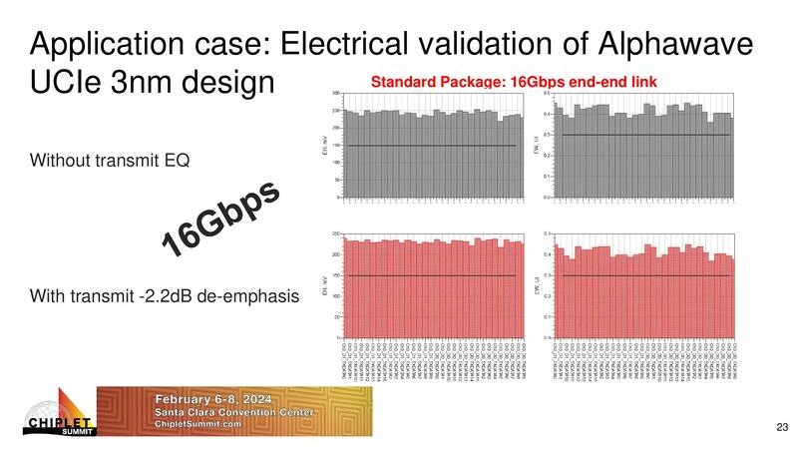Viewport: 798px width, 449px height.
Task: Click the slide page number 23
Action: tap(781, 428)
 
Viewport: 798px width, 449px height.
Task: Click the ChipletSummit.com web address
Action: tap(199, 424)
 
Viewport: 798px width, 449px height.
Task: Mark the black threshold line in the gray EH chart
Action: tap(431, 146)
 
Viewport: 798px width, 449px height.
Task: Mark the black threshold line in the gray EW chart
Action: tap(645, 135)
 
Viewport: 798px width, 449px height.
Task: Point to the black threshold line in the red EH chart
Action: tap(431, 275)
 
